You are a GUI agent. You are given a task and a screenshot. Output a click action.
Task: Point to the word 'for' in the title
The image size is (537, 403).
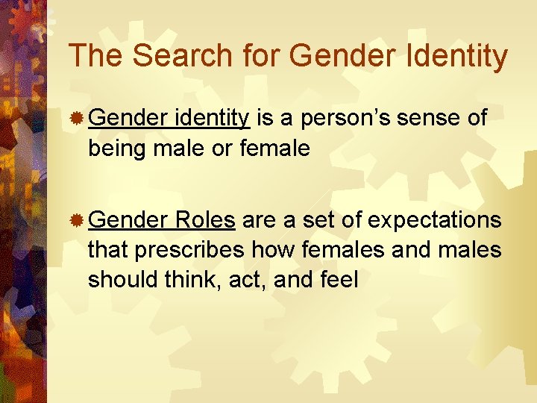point(257,56)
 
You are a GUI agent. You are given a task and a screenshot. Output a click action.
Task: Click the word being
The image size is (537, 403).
point(117,149)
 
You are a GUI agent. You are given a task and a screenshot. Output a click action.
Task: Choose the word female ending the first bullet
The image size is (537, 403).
point(275,149)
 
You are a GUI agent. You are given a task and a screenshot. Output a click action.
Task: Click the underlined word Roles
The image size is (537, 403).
point(207,220)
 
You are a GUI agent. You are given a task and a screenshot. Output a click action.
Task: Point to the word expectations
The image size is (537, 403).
point(435,220)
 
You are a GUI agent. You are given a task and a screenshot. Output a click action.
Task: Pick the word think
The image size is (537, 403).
point(187,280)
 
